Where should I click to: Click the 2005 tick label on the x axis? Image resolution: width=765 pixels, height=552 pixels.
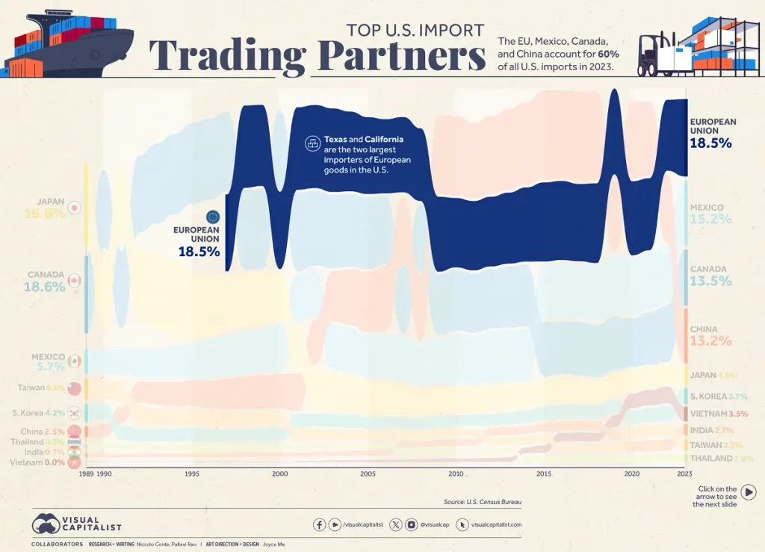click(x=367, y=474)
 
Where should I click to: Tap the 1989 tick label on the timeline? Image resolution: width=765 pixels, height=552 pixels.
click(x=86, y=474)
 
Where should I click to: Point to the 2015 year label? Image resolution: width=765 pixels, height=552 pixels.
click(x=543, y=474)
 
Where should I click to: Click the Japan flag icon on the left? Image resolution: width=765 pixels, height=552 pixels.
click(x=74, y=208)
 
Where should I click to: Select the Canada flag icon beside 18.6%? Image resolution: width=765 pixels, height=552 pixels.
click(x=74, y=281)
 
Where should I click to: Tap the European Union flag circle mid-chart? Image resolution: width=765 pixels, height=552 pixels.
click(x=213, y=217)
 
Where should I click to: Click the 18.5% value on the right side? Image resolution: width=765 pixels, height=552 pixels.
click(x=710, y=143)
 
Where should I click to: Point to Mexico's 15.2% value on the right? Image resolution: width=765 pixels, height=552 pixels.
click(x=710, y=220)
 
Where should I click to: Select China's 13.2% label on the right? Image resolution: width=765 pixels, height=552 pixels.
click(x=710, y=342)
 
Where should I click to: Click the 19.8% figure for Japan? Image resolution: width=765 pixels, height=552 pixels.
click(x=44, y=214)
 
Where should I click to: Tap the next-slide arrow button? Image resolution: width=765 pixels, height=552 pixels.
click(x=748, y=491)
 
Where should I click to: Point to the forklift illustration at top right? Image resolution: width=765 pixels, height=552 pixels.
click(x=657, y=54)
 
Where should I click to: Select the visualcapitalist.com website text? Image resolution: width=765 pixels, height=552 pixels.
click(x=496, y=525)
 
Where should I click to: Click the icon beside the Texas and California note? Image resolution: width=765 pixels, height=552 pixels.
click(x=312, y=144)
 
